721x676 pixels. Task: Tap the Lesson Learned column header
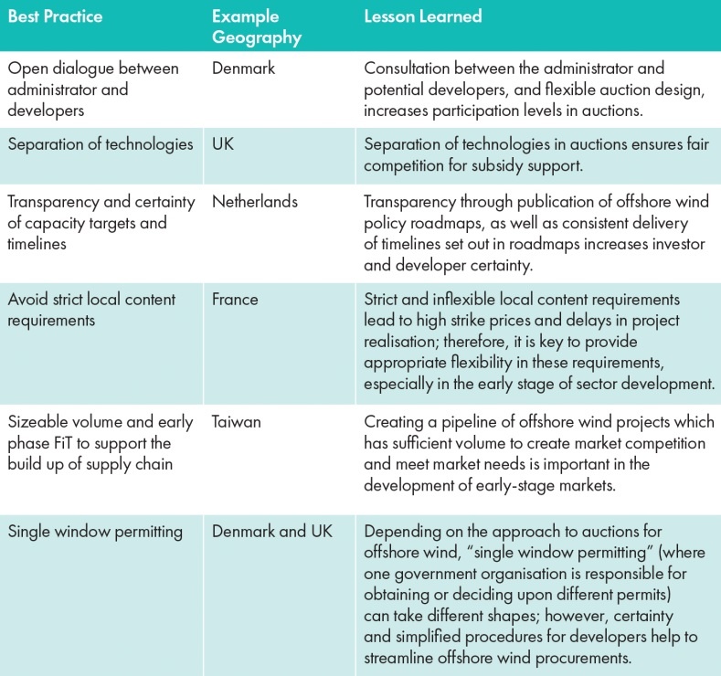coord(423,16)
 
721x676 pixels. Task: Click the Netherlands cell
coord(255,202)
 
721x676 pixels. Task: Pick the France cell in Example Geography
coord(235,299)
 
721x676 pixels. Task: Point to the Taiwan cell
coord(236,422)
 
